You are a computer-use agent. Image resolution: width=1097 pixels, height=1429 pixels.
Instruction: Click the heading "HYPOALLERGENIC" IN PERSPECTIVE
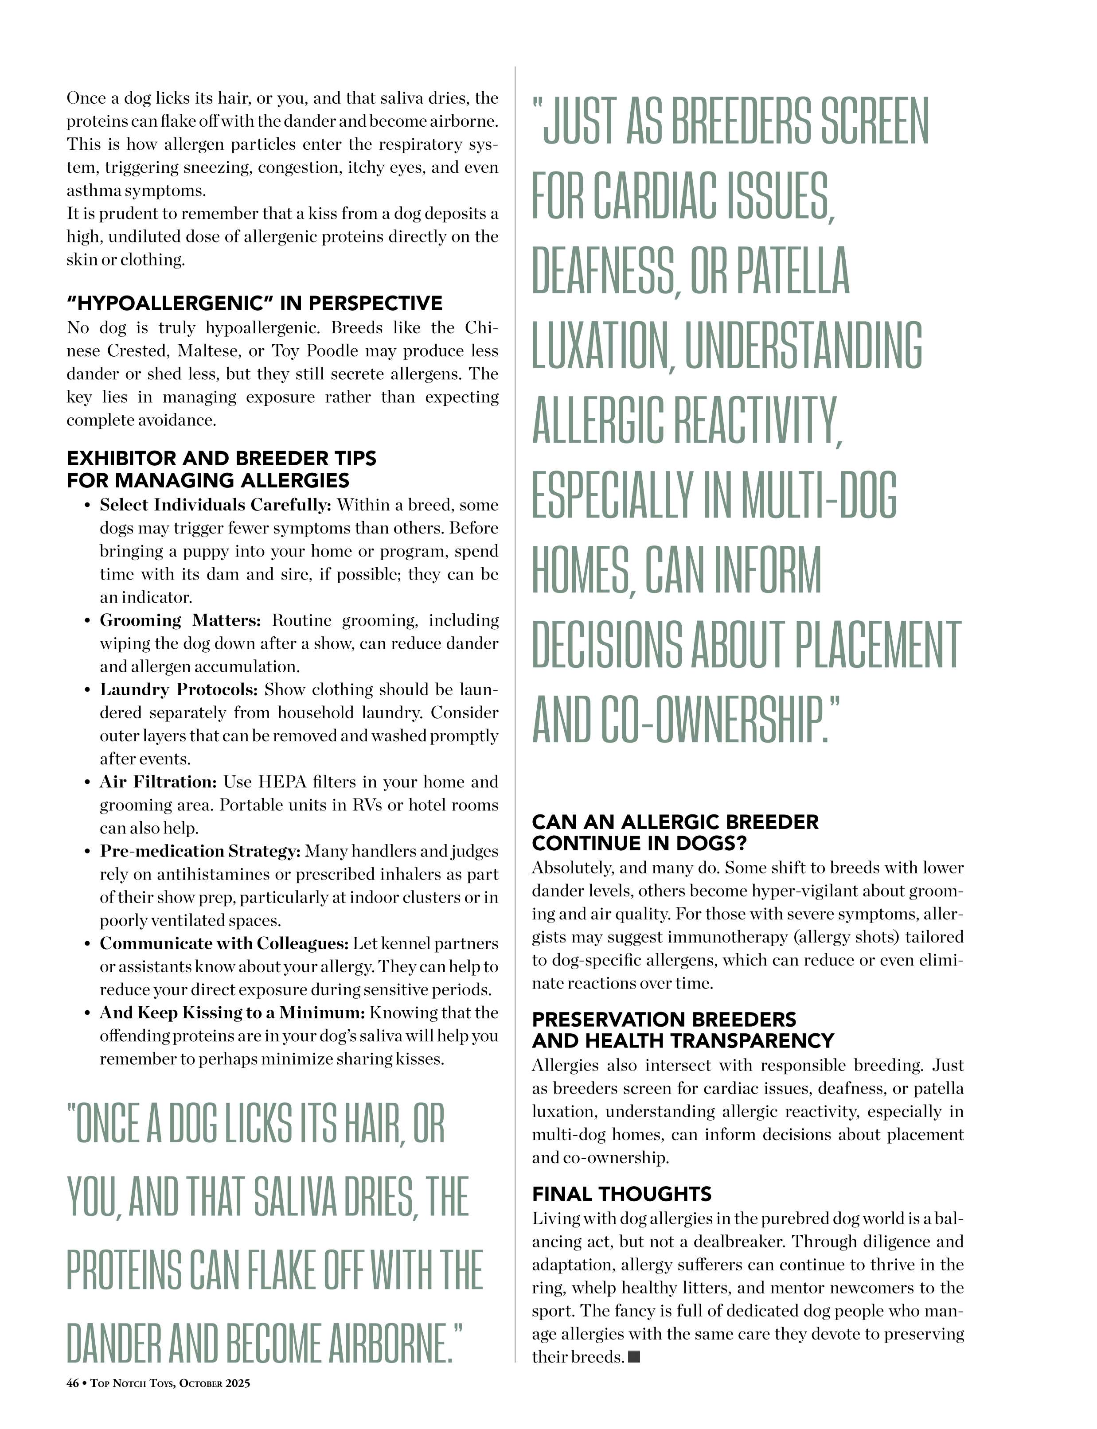coord(255,303)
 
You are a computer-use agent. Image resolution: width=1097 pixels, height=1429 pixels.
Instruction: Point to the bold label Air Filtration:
coord(158,782)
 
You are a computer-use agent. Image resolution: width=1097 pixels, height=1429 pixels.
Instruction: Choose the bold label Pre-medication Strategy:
coord(200,851)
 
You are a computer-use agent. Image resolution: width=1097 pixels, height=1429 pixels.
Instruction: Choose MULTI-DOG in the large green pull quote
coord(819,495)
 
